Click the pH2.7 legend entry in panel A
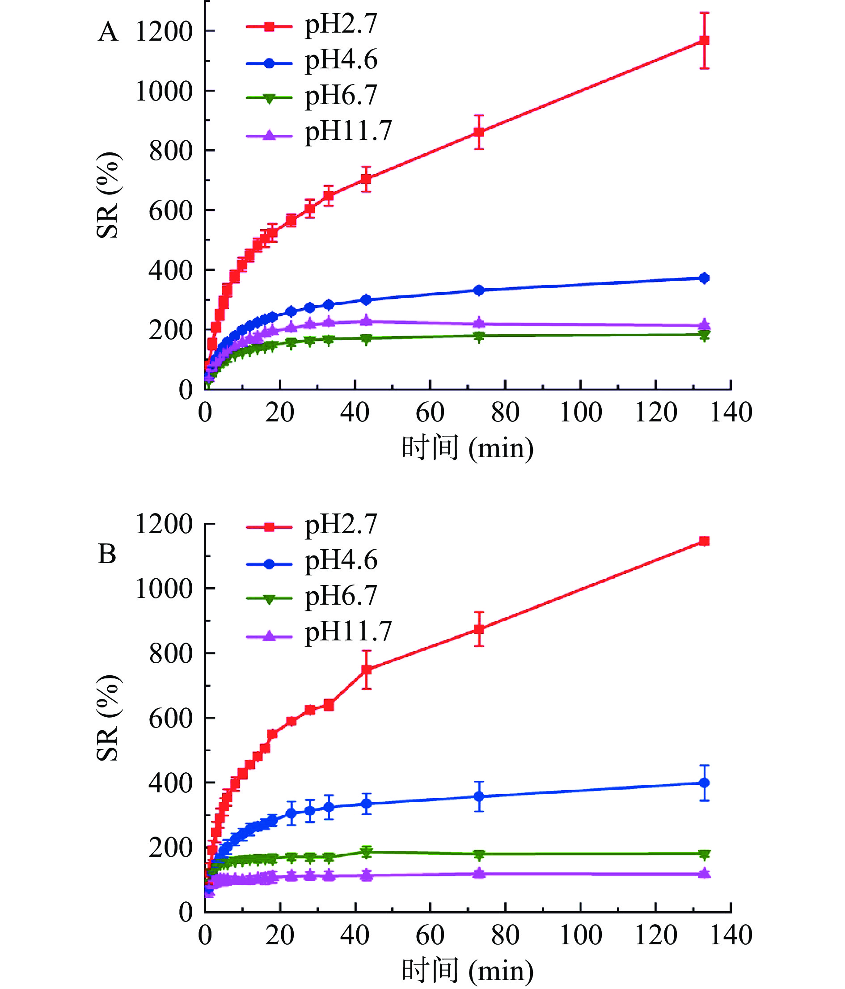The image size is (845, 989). (341, 25)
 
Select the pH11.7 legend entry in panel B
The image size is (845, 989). (348, 631)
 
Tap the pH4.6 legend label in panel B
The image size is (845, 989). (341, 560)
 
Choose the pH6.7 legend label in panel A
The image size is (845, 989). (341, 96)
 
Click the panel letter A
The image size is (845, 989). (108, 33)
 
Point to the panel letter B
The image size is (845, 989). (107, 554)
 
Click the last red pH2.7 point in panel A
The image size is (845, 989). (704, 41)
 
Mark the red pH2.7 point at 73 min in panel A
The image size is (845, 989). (479, 132)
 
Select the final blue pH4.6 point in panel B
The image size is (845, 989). (704, 783)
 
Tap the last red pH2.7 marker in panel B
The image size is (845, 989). (704, 541)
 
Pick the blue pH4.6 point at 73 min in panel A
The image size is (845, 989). (479, 290)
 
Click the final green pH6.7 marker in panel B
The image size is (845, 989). (704, 854)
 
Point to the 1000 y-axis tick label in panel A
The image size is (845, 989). (164, 91)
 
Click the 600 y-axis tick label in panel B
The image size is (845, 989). (170, 718)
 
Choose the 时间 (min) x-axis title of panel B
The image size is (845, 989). (467, 970)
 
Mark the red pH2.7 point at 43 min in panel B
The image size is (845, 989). (366, 669)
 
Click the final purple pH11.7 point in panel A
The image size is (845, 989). (704, 325)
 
